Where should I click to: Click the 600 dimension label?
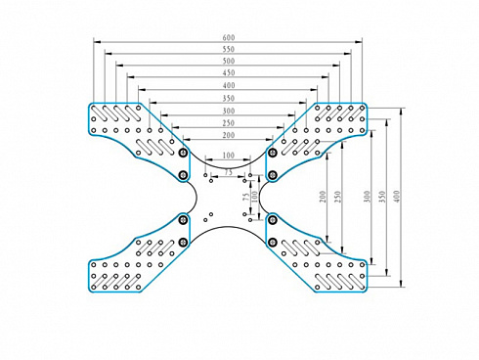coord(229,37)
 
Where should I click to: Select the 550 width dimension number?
coord(229,49)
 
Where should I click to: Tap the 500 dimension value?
coord(229,61)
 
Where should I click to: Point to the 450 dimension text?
coord(229,72)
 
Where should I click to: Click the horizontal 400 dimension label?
coord(229,85)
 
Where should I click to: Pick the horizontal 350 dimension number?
coord(229,98)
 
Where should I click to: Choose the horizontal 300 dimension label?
coord(229,111)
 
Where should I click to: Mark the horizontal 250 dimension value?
coord(229,123)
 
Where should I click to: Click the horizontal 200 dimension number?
coord(229,135)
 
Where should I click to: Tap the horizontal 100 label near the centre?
coord(229,156)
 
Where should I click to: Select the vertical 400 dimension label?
coord(397,197)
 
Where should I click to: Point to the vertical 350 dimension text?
coord(382,197)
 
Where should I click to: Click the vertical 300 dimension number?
coord(367,197)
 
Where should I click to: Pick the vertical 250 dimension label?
coord(337,197)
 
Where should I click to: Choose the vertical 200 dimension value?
coord(323,197)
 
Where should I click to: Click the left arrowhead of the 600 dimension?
coord(97,42)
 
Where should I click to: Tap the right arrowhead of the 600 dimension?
coord(358,42)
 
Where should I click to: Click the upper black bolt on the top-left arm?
coord(184,153)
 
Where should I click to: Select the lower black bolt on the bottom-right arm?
coord(273,243)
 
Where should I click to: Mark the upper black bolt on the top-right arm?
coord(273,153)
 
